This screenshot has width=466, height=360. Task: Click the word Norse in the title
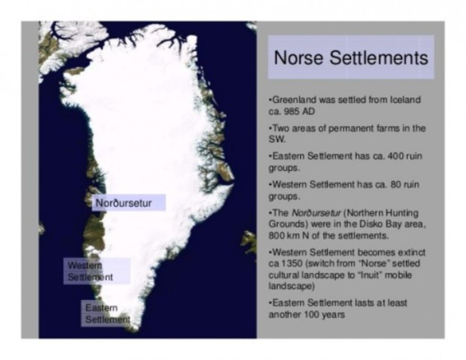coord(298,57)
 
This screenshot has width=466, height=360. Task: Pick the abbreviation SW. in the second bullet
coord(275,138)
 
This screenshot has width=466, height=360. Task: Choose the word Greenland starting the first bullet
coord(290,100)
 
